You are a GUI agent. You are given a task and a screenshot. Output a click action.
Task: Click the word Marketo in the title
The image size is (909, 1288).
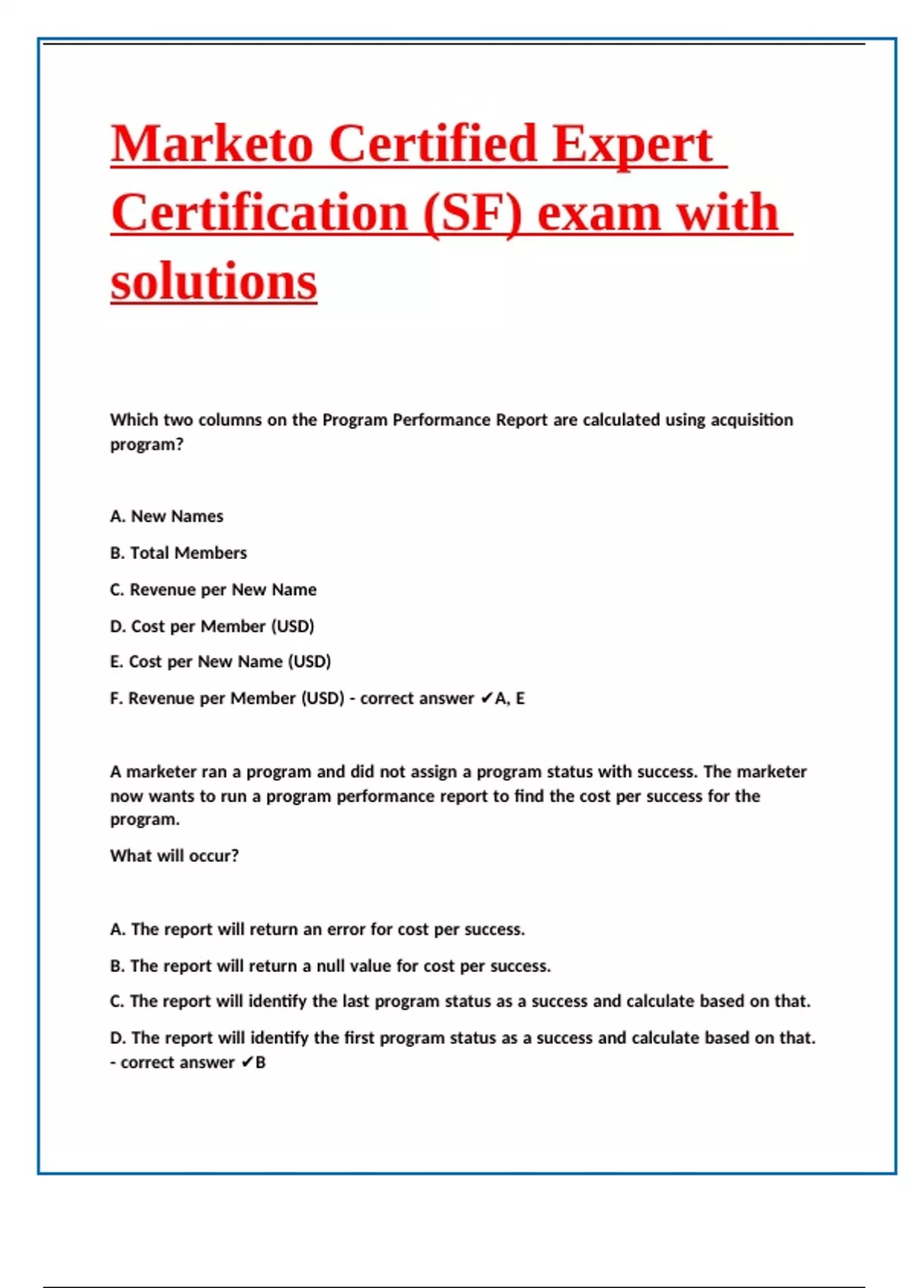[x=212, y=144]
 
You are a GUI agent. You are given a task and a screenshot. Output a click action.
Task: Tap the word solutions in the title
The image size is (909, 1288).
[x=214, y=282]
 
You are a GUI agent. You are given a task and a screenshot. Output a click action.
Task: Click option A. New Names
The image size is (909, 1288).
[x=167, y=516]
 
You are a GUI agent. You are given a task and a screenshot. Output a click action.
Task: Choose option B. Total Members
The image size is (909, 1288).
[x=179, y=553]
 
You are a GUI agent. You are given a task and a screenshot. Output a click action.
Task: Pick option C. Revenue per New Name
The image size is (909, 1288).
[x=213, y=589]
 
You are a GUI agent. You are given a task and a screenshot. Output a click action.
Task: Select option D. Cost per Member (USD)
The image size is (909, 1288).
[x=212, y=626]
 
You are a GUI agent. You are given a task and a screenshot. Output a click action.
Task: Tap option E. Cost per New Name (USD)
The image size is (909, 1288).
[x=220, y=661]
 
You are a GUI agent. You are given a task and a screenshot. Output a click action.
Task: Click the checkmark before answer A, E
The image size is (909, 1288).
[x=486, y=699]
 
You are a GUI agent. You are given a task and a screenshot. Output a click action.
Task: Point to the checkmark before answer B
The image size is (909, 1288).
[x=247, y=1063]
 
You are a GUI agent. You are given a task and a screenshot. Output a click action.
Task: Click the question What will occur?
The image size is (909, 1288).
[x=174, y=855]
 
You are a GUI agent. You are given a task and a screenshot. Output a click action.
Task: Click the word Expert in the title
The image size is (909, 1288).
[x=633, y=144]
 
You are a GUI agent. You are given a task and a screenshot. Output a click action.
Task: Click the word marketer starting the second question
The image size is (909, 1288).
[x=161, y=771]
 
